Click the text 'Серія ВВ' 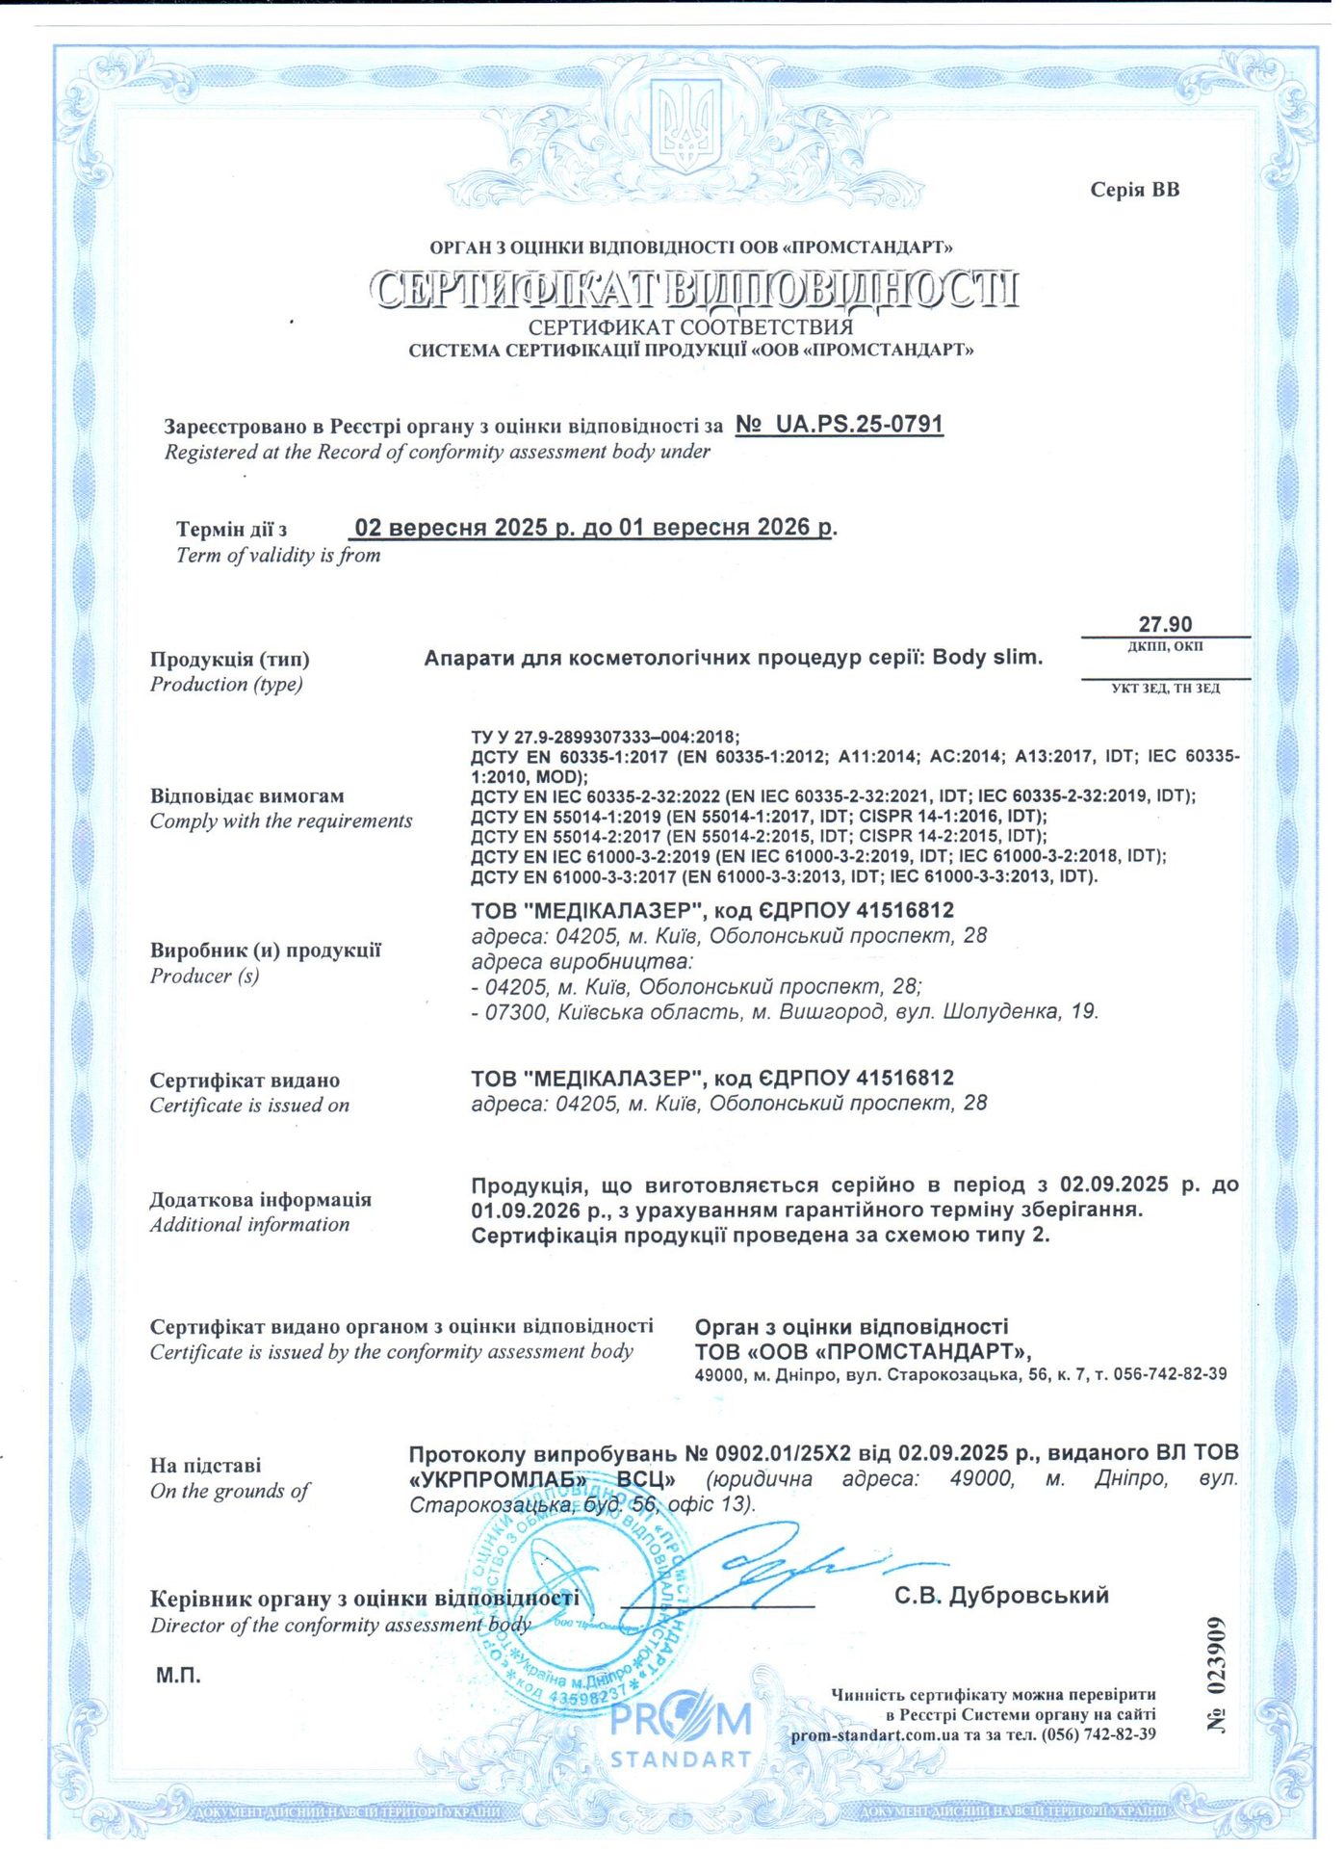pos(1134,190)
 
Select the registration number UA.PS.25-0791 pos(840,425)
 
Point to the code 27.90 pos(1165,624)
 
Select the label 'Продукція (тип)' pos(230,660)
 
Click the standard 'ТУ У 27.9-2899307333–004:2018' pos(606,738)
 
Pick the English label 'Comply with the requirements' pos(281,821)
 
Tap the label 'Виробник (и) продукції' pos(266,951)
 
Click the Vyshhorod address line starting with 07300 pos(785,1012)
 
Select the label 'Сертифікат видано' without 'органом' pos(245,1081)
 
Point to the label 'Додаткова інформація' pos(260,1200)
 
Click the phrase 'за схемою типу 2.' pos(964,1236)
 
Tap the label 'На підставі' pos(205,1466)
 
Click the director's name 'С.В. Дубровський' pos(1001,1596)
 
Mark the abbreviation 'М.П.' pos(179,1676)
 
